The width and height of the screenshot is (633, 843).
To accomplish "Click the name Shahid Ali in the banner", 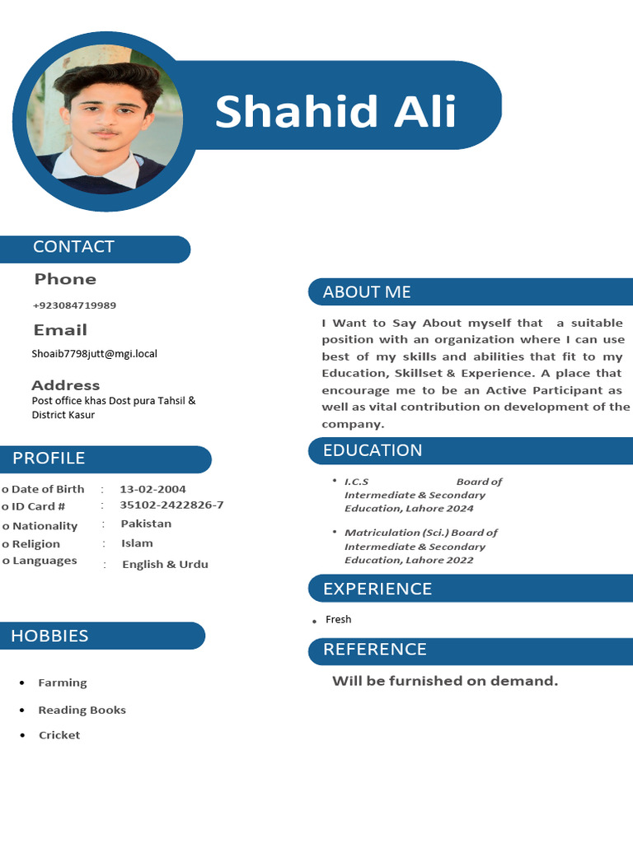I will click(x=335, y=111).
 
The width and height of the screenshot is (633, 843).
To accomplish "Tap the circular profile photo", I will click(x=105, y=121).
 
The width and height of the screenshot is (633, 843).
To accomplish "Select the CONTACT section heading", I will click(x=73, y=247).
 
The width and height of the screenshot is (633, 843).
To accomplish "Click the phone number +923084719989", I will click(x=74, y=305).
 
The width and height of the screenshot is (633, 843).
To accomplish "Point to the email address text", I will click(x=94, y=354).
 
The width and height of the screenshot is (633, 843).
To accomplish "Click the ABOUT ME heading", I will click(x=367, y=292).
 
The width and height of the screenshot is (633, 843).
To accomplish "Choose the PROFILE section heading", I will click(x=49, y=459).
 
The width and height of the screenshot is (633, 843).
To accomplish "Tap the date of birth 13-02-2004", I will click(x=152, y=489).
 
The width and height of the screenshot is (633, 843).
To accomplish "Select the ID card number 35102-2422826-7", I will click(x=171, y=505).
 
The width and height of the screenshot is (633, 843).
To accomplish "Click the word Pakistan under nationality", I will click(x=146, y=524).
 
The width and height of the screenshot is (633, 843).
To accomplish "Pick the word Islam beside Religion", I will click(x=137, y=543).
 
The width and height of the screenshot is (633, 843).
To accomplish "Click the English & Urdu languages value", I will click(x=165, y=565).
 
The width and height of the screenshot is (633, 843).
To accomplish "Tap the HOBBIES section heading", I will click(x=49, y=636).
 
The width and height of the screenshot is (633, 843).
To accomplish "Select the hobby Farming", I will click(x=63, y=682).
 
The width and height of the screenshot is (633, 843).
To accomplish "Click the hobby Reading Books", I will click(x=82, y=710).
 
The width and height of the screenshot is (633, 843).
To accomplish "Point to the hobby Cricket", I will click(x=59, y=735).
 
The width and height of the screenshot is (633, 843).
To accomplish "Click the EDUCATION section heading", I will click(x=373, y=450).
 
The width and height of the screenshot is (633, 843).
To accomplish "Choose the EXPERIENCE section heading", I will click(x=377, y=589).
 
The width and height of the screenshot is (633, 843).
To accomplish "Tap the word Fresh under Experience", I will click(x=338, y=619).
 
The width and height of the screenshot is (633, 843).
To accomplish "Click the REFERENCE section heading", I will click(x=375, y=650).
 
